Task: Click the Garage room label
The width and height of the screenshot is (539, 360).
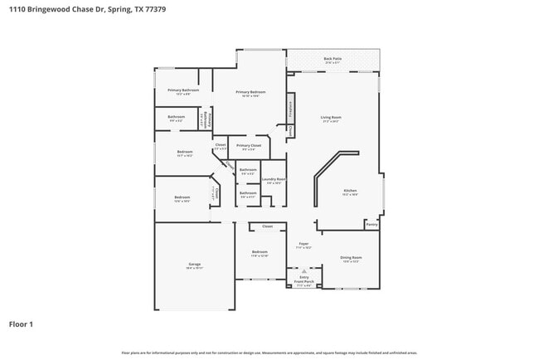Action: click(194, 265)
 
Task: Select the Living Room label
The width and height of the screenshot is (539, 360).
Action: click(332, 118)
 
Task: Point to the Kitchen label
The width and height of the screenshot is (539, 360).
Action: click(350, 191)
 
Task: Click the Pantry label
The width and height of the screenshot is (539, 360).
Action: click(371, 224)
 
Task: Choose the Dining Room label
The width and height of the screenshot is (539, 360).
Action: click(350, 258)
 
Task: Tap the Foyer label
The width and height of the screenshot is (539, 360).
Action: click(303, 246)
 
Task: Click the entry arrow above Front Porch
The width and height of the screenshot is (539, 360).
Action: click(303, 270)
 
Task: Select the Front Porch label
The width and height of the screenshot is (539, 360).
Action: click(303, 282)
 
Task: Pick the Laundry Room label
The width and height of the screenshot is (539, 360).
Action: click(274, 179)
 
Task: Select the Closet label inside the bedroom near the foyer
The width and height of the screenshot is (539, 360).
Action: click(267, 226)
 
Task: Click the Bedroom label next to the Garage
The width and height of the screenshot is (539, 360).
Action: click(260, 252)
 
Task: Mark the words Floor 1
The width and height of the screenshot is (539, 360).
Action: click(22, 324)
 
